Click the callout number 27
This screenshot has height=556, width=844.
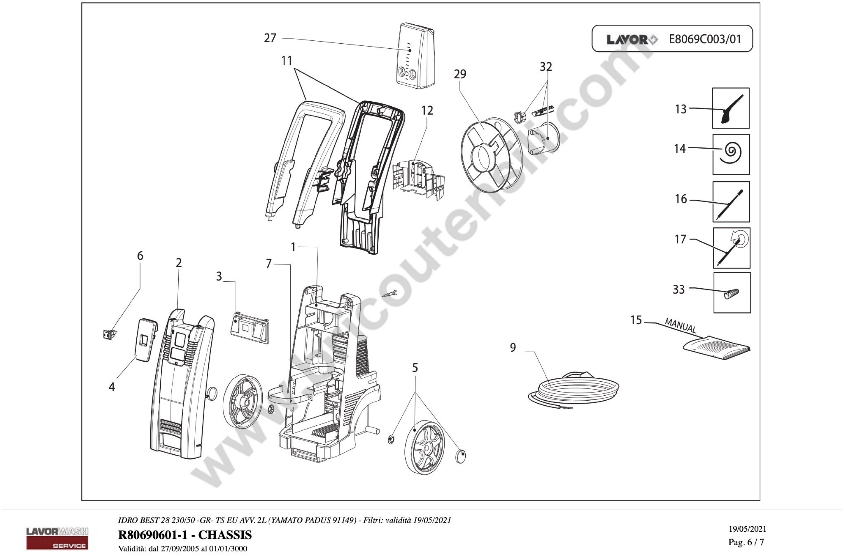pyautogui.click(x=270, y=38)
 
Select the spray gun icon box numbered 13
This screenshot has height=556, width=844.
pyautogui.click(x=730, y=108)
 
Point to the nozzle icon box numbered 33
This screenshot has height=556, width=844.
pyautogui.click(x=732, y=293)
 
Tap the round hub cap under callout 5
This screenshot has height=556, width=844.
pyautogui.click(x=460, y=456)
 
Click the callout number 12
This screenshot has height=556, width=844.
pyautogui.click(x=427, y=111)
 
